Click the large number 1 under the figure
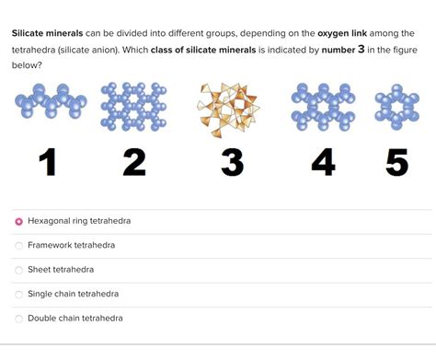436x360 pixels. coord(48,163)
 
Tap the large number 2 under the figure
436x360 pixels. coord(134,163)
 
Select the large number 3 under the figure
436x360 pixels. coord(232,163)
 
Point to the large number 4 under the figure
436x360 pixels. coord(323,163)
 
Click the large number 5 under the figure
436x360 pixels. coord(396,163)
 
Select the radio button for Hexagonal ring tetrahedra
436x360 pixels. coord(18,222)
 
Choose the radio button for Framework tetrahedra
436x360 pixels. coord(18,246)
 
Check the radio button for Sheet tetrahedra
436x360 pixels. coord(18,270)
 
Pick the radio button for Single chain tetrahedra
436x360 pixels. coord(18,294)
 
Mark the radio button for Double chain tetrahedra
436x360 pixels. coord(18,319)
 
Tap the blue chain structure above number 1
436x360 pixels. coord(46,103)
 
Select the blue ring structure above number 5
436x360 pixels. coord(397,106)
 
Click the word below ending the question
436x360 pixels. coord(26,65)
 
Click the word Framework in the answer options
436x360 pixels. coord(52,246)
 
